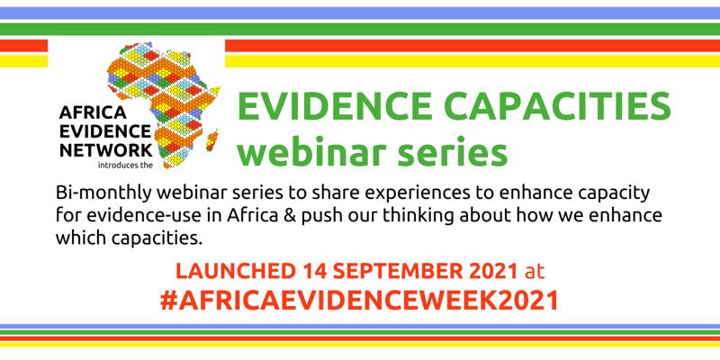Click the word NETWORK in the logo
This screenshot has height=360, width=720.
106,150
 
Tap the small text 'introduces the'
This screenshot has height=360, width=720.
125,165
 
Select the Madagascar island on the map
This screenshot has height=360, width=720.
212,140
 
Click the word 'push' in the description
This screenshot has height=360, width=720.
320,217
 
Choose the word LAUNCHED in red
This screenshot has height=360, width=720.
236,272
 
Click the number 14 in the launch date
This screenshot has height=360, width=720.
314,272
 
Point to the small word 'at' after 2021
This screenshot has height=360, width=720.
535,272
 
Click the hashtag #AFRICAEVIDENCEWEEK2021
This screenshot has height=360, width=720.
359,301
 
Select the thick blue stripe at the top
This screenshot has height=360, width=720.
360,13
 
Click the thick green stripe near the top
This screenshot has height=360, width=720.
360,30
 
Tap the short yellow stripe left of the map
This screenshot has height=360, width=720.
24,61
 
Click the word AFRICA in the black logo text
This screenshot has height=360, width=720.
93,112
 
